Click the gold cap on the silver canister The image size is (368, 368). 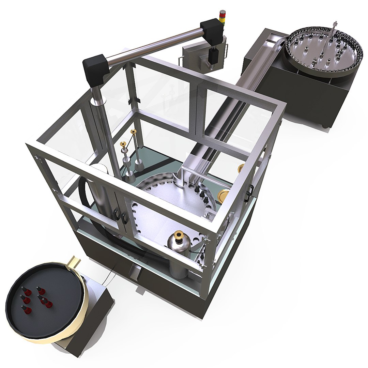[178, 235]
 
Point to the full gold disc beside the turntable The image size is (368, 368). [225, 197]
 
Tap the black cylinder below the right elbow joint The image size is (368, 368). [214, 55]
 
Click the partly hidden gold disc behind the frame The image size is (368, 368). [241, 167]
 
